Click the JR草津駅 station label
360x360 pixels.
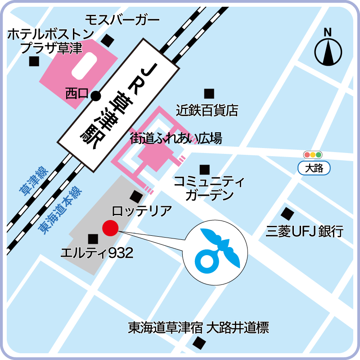117,104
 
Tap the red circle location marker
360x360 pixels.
110,229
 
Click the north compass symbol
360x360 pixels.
328,49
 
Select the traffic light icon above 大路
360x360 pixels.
313,155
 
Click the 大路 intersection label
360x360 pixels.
314,169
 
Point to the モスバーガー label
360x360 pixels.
122,20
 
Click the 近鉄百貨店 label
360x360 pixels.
207,110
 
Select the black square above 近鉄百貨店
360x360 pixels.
209,94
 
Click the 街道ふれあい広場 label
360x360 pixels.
176,138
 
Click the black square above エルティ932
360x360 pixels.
93,238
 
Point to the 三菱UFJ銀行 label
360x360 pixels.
304,231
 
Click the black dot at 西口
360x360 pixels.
95,95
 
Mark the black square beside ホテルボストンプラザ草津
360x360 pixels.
34,61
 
